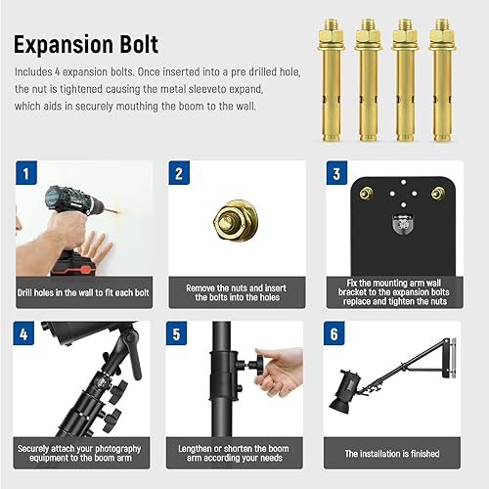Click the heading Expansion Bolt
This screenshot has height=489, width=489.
86,45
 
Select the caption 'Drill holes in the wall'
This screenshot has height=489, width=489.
84,292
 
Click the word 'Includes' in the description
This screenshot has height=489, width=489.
33,73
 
